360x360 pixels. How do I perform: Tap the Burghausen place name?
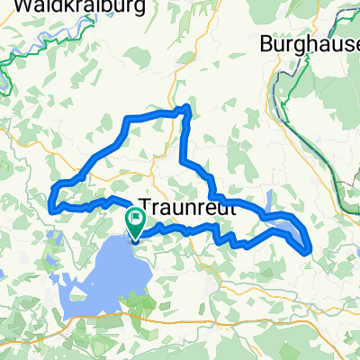(306, 42)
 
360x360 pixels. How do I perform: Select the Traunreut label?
(186, 205)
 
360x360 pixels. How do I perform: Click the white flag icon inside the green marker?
(135, 217)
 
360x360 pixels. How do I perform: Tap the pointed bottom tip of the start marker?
(135, 241)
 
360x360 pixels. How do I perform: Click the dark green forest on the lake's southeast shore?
(144, 301)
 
